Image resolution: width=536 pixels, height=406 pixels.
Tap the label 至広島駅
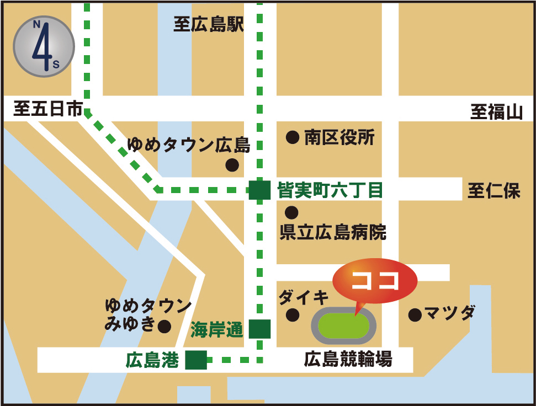209,25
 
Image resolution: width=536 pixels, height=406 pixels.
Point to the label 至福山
496,112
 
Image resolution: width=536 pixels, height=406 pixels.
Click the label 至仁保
494,191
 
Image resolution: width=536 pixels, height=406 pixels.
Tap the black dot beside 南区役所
293,137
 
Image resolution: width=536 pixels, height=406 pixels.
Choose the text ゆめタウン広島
188,146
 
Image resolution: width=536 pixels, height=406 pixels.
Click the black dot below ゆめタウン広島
232,164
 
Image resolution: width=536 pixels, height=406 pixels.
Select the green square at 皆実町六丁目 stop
259,190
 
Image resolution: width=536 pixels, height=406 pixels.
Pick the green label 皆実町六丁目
330,191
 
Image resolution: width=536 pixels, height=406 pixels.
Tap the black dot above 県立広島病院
291,212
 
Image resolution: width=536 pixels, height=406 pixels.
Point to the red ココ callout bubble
375,280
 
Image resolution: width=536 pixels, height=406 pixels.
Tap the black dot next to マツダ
415,315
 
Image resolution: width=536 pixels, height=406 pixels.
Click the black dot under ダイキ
293,315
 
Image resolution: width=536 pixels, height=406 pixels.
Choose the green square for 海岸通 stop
259,329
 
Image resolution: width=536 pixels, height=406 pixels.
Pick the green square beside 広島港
196,360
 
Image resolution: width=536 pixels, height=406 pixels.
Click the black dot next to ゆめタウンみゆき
164,326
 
